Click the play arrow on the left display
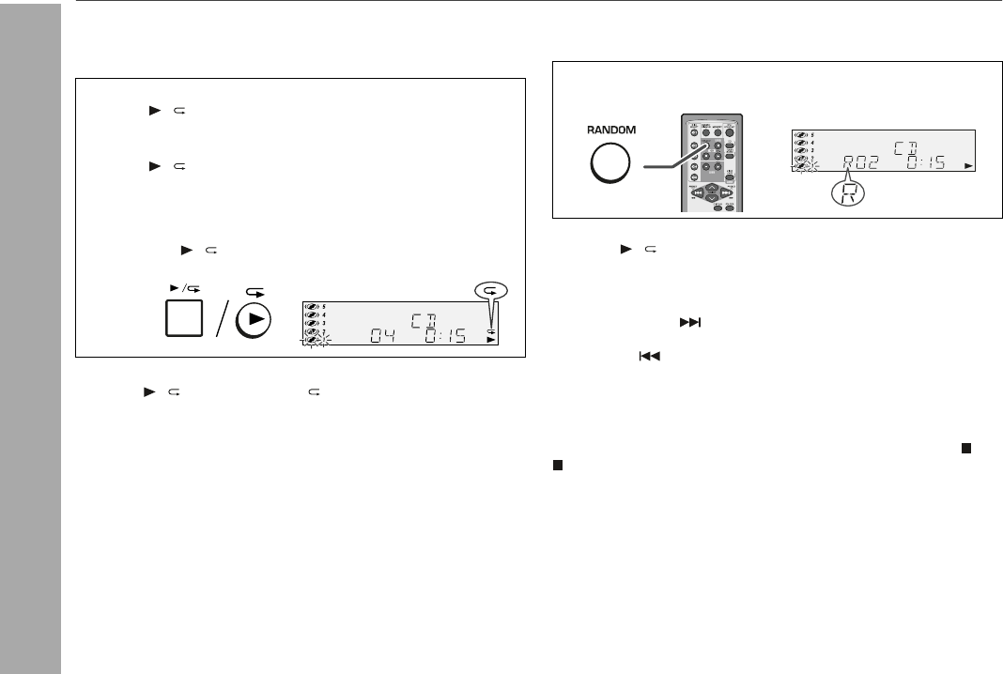click(489, 342)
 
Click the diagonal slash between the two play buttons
click(217, 320)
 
